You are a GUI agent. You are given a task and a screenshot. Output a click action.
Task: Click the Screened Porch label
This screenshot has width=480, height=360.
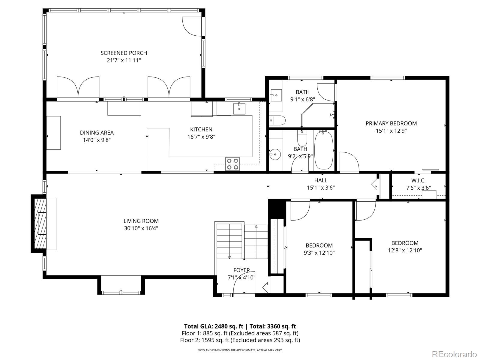pyautogui.click(x=124, y=53)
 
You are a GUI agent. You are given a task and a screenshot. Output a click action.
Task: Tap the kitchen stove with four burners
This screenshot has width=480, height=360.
pyautogui.click(x=233, y=164)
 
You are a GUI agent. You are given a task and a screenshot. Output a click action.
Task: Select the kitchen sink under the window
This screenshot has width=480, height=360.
pyautogui.click(x=239, y=109)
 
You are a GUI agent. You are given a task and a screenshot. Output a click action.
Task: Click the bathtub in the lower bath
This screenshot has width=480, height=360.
pyautogui.click(x=323, y=150)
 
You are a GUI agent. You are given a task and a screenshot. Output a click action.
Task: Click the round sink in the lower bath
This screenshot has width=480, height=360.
pyautogui.click(x=274, y=155)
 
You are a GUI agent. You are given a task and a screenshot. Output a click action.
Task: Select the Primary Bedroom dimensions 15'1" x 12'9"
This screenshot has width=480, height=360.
pyautogui.click(x=391, y=131)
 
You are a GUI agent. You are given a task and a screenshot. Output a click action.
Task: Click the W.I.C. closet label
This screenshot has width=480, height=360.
pyautogui.click(x=418, y=181)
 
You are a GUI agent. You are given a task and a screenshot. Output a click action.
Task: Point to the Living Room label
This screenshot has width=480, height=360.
pyautogui.click(x=141, y=221)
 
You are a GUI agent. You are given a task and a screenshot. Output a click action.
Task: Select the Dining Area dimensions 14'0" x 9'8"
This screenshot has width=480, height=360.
pyautogui.click(x=97, y=140)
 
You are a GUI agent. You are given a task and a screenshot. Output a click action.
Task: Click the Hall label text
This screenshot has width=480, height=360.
pyautogui.click(x=321, y=180)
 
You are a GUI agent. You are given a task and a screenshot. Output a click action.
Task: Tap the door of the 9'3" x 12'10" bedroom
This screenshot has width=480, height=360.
pyautogui.click(x=300, y=209)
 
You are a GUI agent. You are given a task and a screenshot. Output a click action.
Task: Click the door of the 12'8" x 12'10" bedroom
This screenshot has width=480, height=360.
pyautogui.click(x=366, y=210)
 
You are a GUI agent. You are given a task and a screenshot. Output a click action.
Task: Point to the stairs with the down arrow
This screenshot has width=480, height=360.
pyautogui.click(x=229, y=241)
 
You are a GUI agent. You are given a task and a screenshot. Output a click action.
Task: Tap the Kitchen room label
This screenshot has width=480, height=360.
pyautogui.click(x=201, y=130)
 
